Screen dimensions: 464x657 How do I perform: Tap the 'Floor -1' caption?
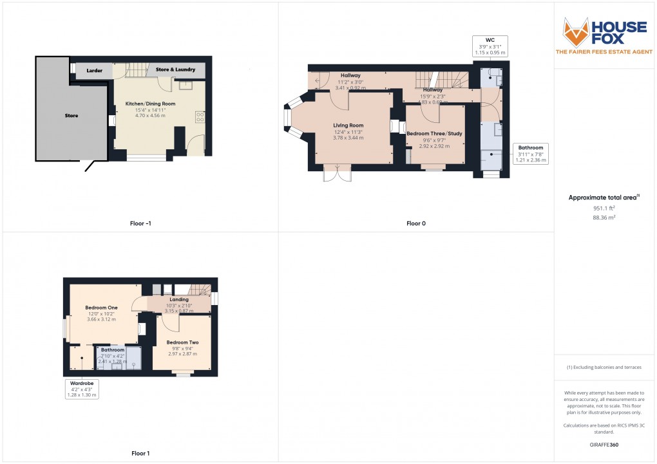click(140, 224)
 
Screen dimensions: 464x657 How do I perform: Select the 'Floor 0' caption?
click(415, 224)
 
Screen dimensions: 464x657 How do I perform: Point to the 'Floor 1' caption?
click(140, 454)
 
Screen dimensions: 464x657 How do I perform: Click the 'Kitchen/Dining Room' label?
click(150, 104)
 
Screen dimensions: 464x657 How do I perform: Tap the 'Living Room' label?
click(348, 125)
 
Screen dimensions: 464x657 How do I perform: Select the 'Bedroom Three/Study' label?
click(434, 133)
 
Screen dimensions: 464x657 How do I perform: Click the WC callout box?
click(490, 46)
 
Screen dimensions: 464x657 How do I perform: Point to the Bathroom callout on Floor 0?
click(531, 154)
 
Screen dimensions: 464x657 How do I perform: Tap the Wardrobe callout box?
click(81, 389)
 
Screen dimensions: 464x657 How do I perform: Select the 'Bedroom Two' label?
click(182, 342)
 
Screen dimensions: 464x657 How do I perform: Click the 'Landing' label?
click(178, 299)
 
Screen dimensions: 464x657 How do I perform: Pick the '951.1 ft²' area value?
click(604, 209)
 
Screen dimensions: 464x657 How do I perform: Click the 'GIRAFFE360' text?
click(605, 445)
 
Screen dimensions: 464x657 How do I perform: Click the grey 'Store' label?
click(71, 116)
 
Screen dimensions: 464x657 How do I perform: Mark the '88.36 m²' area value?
click(604, 218)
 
